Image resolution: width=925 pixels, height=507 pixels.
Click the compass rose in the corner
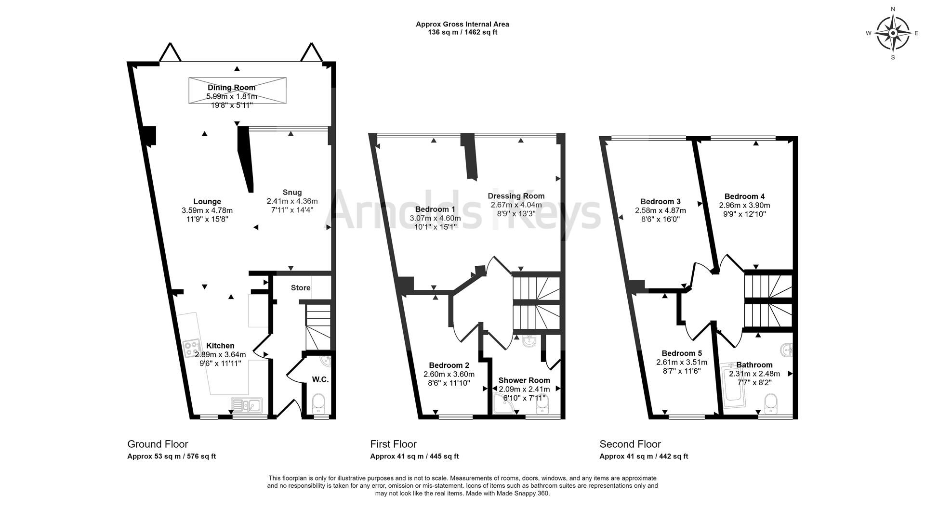[x=893, y=33]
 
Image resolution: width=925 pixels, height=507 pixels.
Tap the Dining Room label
[x=232, y=88]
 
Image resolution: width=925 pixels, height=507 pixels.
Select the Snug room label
[x=292, y=193]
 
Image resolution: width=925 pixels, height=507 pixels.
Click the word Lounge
[x=207, y=202]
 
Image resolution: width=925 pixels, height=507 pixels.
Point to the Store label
[x=301, y=288]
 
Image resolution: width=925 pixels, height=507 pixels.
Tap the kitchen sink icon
[x=246, y=405]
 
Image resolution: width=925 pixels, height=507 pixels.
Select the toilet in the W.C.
[x=319, y=403]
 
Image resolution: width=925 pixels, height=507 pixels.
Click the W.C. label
[x=320, y=379]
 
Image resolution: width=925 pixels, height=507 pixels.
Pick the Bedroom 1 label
[x=435, y=209]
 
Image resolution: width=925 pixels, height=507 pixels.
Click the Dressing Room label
[x=516, y=196]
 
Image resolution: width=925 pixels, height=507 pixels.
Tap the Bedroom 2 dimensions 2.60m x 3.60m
[x=449, y=374]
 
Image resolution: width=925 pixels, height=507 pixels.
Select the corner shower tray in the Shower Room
[x=503, y=403]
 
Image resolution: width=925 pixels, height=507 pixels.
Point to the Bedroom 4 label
[x=744, y=196]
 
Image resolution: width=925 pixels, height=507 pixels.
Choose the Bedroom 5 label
[x=682, y=353]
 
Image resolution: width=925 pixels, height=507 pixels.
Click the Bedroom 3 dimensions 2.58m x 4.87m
[x=661, y=210]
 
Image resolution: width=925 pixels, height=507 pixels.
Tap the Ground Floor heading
[x=158, y=444]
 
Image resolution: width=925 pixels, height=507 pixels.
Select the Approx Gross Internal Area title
[x=462, y=24]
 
